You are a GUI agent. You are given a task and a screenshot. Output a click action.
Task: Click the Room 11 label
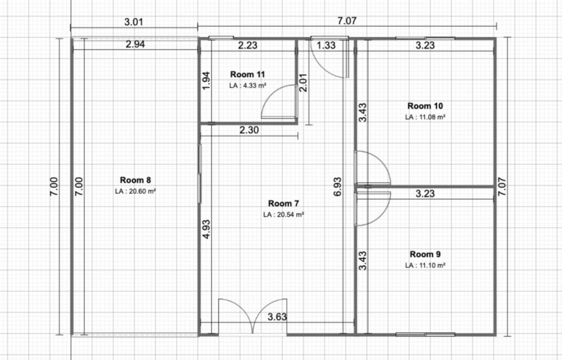[x=248, y=74]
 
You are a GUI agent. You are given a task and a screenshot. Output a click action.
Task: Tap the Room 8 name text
[x=135, y=180]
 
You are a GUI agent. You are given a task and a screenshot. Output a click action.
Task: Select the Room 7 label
[x=284, y=203]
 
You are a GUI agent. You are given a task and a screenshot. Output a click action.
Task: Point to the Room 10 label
[x=425, y=106]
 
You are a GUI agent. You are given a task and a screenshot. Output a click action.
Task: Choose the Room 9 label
[x=425, y=254]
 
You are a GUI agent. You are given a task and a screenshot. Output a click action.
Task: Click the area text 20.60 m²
[x=142, y=192]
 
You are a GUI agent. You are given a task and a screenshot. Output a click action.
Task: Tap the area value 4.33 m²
[x=255, y=86]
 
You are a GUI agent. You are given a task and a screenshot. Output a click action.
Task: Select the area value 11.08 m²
[x=432, y=117]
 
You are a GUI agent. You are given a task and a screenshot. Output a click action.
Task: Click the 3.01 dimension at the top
[x=134, y=22]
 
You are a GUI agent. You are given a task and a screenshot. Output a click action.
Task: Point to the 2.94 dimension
[x=135, y=44]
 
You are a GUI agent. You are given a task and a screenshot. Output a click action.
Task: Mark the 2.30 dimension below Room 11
[x=249, y=130]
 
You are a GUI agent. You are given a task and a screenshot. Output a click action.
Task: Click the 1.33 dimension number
[x=326, y=45]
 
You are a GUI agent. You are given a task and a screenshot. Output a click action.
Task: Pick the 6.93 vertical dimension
[x=338, y=187]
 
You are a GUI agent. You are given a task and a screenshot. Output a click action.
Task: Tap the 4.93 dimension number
[x=206, y=229]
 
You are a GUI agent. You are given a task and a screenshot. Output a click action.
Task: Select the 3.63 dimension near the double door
[x=277, y=317]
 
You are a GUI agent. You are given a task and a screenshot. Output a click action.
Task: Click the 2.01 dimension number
[x=303, y=82]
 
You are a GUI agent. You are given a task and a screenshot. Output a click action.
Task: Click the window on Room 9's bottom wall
[x=425, y=335]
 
